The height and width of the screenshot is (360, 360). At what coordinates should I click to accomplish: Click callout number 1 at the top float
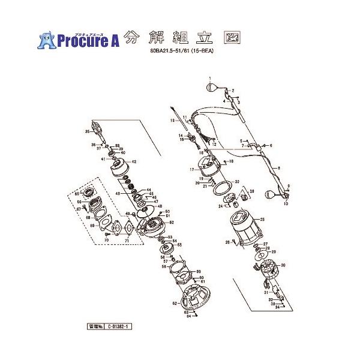point(211,79)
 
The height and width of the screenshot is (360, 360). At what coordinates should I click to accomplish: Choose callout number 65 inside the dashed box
point(77,193)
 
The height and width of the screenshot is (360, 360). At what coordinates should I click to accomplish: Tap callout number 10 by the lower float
point(286,204)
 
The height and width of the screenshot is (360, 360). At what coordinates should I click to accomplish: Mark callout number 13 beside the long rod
point(172,121)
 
